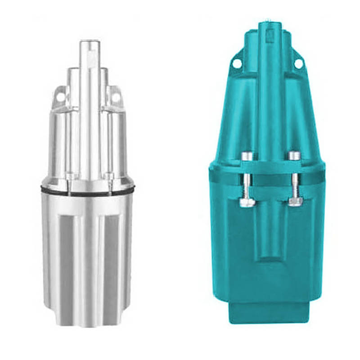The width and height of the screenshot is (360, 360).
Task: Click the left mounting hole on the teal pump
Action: pyautogui.click(x=234, y=64)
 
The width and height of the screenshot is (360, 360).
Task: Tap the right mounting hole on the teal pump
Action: pyautogui.click(x=297, y=64)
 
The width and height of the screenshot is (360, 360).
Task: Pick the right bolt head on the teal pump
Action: pyautogui.click(x=294, y=156)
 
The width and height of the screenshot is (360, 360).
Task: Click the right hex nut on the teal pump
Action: pyautogui.click(x=294, y=202)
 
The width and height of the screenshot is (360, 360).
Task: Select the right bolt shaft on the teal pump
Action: pyautogui.click(x=294, y=180)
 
